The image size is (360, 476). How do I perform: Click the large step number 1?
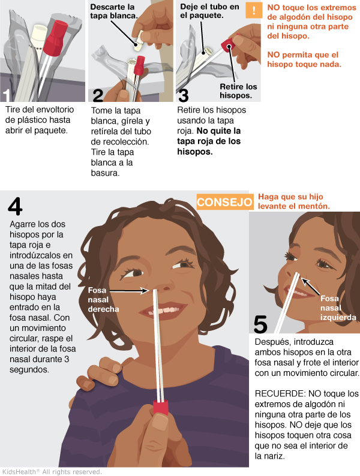(x=7, y=95)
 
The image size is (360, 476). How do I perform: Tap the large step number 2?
(x=98, y=95)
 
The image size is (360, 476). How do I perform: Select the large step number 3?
(x=184, y=95)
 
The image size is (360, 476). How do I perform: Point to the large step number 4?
(x=15, y=206)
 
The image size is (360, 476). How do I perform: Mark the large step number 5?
(x=260, y=324)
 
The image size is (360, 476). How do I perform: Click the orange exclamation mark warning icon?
(x=254, y=10)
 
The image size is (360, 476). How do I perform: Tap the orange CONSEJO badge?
(x=225, y=202)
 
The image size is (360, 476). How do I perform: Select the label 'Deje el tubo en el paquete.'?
(x=209, y=11)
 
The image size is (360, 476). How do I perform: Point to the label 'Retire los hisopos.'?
(x=238, y=91)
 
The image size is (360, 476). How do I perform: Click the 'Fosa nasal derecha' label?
(x=103, y=300)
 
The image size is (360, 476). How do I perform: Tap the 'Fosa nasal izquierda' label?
(x=338, y=308)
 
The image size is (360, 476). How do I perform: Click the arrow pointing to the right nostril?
(x=130, y=291)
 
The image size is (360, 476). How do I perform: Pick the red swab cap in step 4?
(x=160, y=408)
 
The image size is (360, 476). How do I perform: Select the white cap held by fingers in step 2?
(x=139, y=43)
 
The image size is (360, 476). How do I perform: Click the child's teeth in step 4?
(x=161, y=311)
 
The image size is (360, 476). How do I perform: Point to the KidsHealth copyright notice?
(x=52, y=472)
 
